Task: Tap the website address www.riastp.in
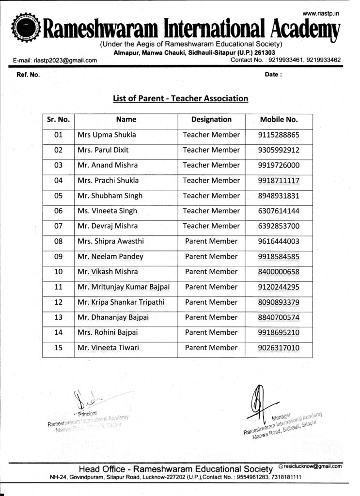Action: click(x=320, y=13)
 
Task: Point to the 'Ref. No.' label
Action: click(x=28, y=75)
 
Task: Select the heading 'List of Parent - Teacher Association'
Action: click(x=180, y=99)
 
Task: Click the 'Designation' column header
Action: click(x=211, y=120)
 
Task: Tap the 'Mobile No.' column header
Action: click(x=279, y=120)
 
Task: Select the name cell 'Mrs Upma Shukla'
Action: click(x=107, y=135)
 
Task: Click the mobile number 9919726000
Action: click(x=279, y=165)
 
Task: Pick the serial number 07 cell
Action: click(x=58, y=226)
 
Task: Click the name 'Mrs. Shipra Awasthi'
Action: click(x=110, y=241)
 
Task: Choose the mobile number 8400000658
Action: click(x=279, y=272)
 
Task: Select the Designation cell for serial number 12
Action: click(x=211, y=302)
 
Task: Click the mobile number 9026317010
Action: click(x=279, y=348)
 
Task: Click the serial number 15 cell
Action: click(x=58, y=348)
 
